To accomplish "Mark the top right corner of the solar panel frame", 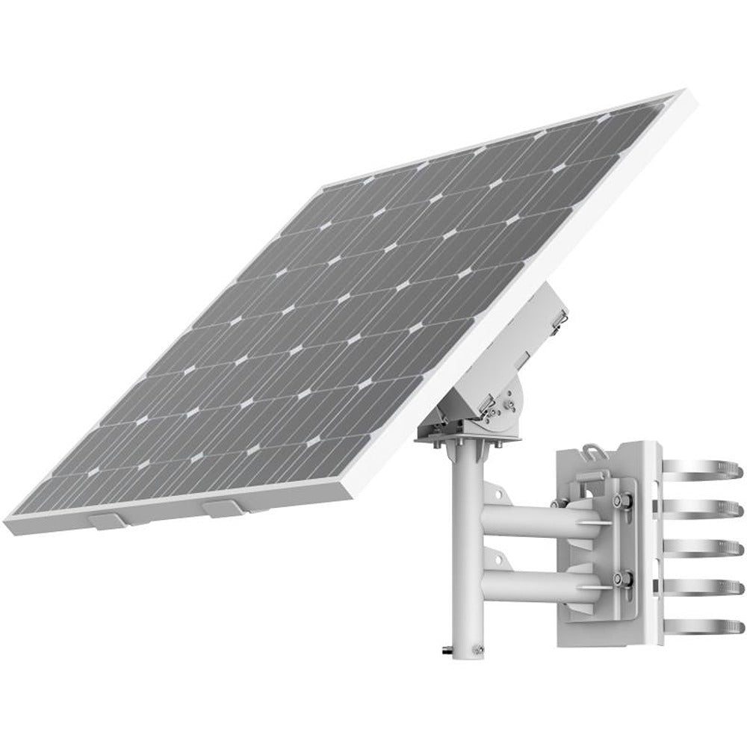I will click(x=681, y=93).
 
